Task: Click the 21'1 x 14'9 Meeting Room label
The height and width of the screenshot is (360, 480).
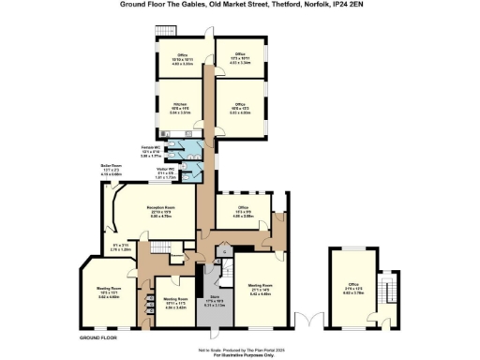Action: point(260,286)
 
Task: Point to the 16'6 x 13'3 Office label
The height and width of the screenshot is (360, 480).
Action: point(240,108)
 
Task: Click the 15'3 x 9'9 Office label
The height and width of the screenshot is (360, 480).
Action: point(242,213)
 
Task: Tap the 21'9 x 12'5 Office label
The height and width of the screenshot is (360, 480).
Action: point(353,290)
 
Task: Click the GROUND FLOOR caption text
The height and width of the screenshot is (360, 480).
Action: point(97,336)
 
